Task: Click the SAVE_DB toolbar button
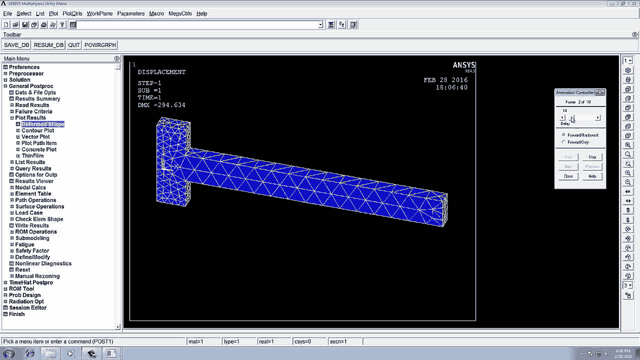pyautogui.click(x=17, y=45)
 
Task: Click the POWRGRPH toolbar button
pyautogui.click(x=100, y=45)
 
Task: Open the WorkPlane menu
pyautogui.click(x=100, y=13)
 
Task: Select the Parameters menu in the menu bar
pyautogui.click(x=131, y=13)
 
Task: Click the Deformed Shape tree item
pyautogui.click(x=43, y=124)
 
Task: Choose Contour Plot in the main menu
pyautogui.click(x=37, y=131)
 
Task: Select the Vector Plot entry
pyautogui.click(x=35, y=137)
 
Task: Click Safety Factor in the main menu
pyautogui.click(x=32, y=251)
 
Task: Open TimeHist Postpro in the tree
pyautogui.click(x=31, y=283)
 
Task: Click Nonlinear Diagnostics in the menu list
pyautogui.click(x=43, y=263)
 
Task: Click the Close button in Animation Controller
pyautogui.click(x=568, y=177)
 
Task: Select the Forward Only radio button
pyautogui.click(x=564, y=142)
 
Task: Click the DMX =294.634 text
pyautogui.click(x=161, y=106)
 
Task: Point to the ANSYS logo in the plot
pyautogui.click(x=463, y=66)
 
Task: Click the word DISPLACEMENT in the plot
pyautogui.click(x=161, y=72)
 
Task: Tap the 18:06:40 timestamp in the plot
pyautogui.click(x=451, y=87)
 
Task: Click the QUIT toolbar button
pyautogui.click(x=74, y=45)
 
